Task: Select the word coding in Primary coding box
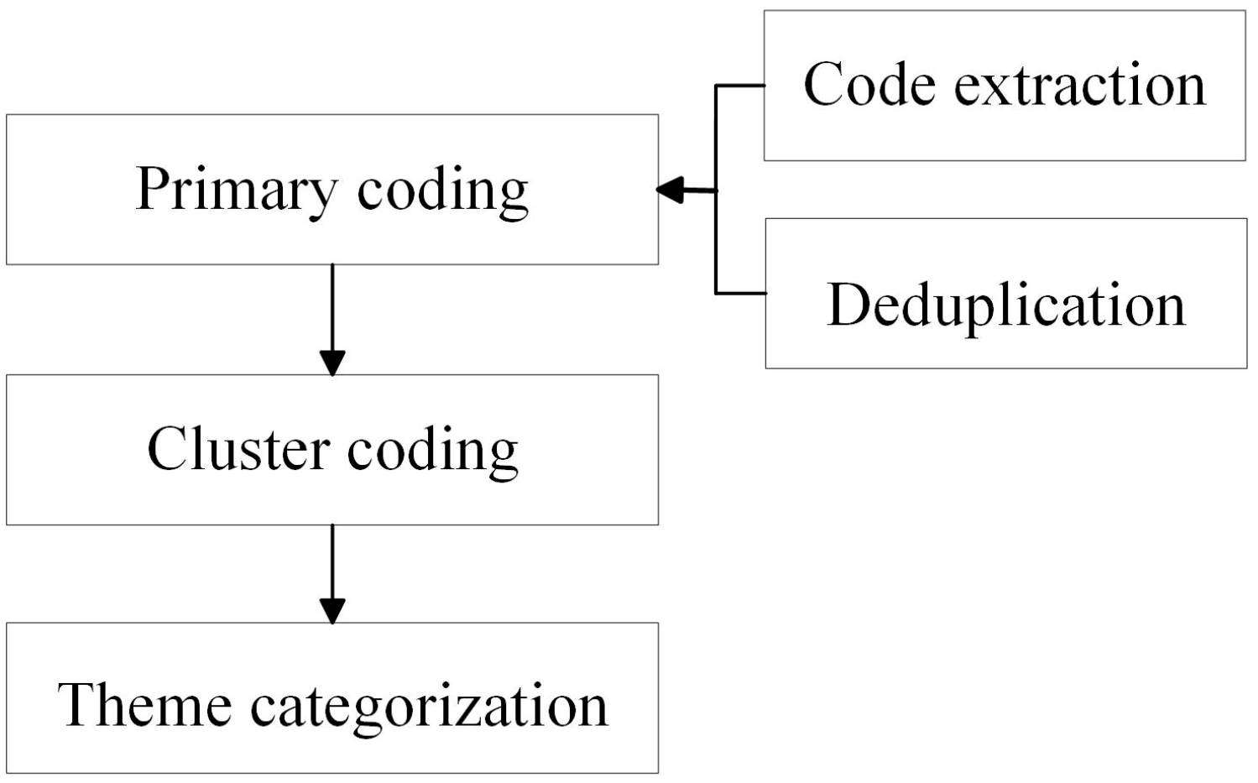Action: [x=442, y=192]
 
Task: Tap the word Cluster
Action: [x=238, y=449]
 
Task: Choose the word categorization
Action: [x=429, y=707]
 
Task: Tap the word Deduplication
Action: [x=1006, y=305]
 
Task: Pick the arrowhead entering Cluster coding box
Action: [x=332, y=363]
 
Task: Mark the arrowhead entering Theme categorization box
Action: [x=332, y=611]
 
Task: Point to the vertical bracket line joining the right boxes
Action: [x=716, y=243]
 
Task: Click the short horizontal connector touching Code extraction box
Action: [x=739, y=86]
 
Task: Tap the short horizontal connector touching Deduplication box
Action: [x=740, y=293]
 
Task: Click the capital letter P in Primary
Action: [x=151, y=188]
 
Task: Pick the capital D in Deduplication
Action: [x=848, y=304]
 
